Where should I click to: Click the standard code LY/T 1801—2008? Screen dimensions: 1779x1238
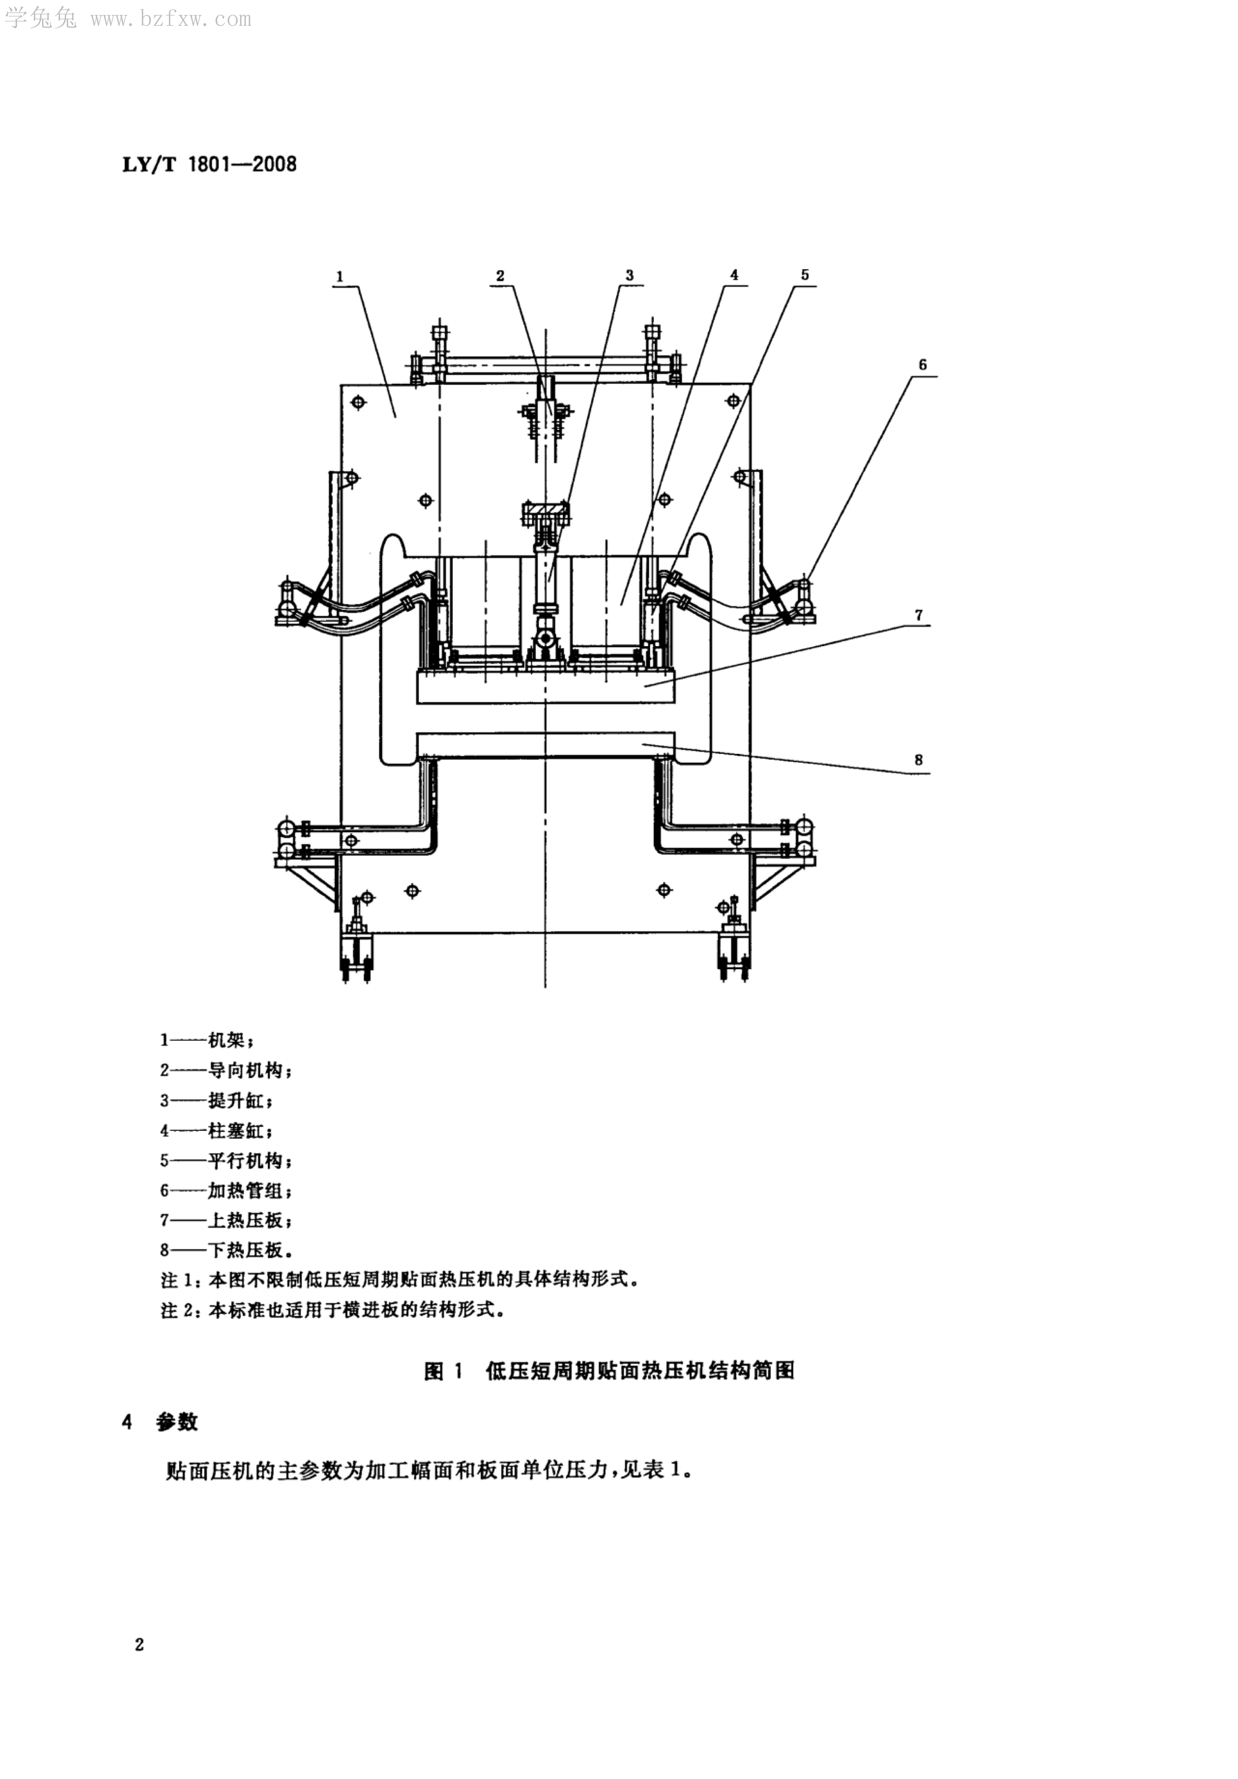click(x=209, y=164)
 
